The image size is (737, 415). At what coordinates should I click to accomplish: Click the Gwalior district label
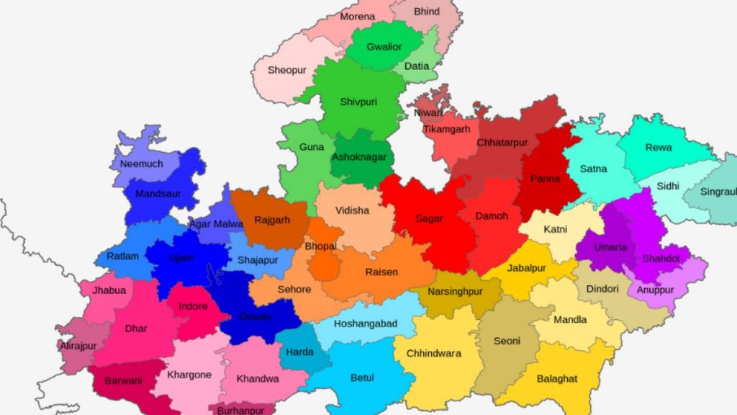[x=384, y=47]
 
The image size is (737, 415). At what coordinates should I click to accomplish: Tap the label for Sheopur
[x=287, y=70]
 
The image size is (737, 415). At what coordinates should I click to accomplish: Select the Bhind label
[x=426, y=12]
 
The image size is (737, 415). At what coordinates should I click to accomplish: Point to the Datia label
[x=417, y=66]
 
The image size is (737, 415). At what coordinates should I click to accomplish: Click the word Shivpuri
[x=359, y=102]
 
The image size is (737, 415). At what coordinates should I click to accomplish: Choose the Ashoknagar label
[x=359, y=157]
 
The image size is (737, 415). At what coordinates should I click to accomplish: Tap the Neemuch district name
[x=141, y=164]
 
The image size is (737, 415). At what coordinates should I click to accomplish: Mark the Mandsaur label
[x=158, y=194]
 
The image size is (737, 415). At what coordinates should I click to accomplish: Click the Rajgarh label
[x=272, y=220]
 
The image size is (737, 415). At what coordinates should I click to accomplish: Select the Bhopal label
[x=320, y=246]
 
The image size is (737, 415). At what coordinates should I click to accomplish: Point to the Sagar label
[x=430, y=218]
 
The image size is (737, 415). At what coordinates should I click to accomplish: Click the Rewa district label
[x=659, y=148]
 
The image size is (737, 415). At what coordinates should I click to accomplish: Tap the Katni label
[x=556, y=229]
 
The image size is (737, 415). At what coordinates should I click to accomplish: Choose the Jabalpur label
[x=527, y=268]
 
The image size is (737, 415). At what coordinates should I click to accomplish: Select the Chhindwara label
[x=434, y=353]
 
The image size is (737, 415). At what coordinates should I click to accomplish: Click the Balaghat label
[x=558, y=378]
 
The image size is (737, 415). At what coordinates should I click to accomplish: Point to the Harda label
[x=299, y=352]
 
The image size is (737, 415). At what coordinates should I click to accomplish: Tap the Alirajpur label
[x=78, y=346]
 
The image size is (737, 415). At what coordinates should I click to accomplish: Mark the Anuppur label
[x=655, y=290]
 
